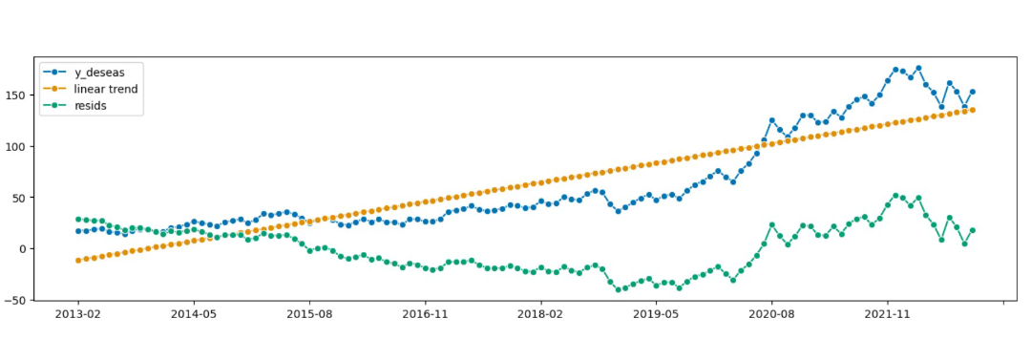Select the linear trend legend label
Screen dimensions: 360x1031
click(x=106, y=89)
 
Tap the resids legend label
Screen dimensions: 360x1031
click(x=91, y=105)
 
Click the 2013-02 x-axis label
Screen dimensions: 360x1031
click(x=77, y=313)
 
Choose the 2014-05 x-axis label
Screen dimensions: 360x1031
click(x=193, y=313)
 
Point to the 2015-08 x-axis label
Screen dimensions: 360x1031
click(x=309, y=313)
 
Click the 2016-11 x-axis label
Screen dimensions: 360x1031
click(x=425, y=313)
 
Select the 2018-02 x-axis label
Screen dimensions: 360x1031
click(x=540, y=313)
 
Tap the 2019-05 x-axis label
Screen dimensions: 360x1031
click(x=656, y=313)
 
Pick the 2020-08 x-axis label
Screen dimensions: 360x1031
click(x=772, y=313)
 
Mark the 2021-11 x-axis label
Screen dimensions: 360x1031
click(x=888, y=313)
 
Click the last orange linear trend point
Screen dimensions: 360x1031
click(x=972, y=110)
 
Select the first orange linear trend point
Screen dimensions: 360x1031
click(x=77, y=260)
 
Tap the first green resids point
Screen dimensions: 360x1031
click(x=77, y=220)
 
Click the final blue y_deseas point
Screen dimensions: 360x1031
click(x=972, y=93)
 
